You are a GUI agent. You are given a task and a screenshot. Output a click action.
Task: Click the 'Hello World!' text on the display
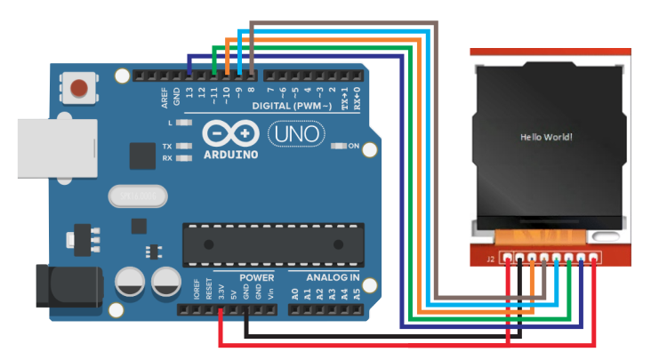point(546,137)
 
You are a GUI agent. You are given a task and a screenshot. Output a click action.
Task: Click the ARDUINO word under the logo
point(229,154)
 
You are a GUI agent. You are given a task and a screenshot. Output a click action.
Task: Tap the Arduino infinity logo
point(230,133)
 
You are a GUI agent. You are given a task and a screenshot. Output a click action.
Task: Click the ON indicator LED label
point(354,146)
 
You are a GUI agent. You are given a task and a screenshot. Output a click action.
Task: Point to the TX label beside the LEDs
point(167,146)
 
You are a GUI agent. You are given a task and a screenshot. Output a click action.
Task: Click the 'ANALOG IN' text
point(325,278)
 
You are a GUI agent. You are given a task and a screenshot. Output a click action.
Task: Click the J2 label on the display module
point(490,259)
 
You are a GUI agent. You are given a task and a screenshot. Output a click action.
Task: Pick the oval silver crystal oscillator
point(133,195)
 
